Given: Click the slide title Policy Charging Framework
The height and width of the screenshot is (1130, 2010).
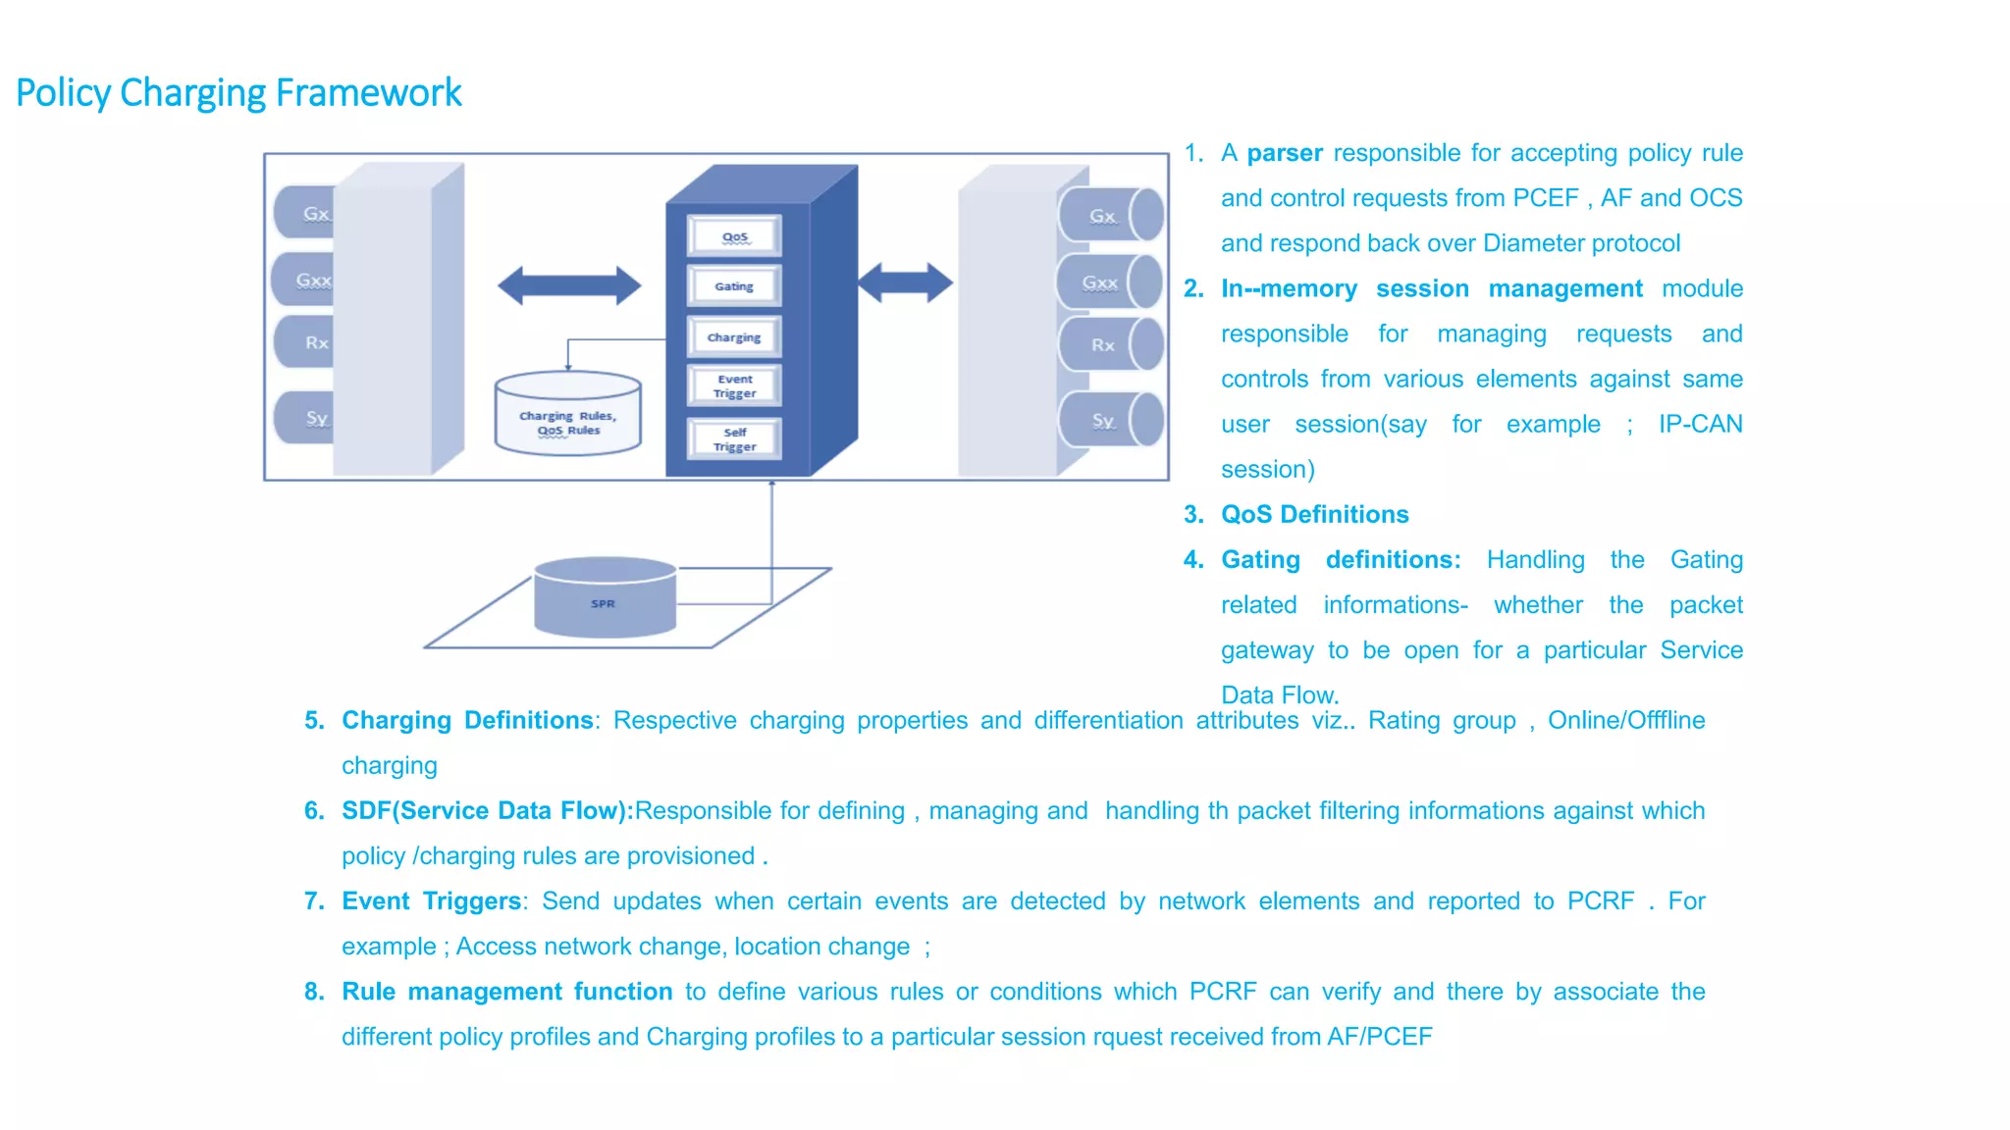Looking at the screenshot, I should pos(238,93).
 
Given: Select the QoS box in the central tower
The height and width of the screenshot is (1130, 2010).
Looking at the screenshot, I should pos(734,236).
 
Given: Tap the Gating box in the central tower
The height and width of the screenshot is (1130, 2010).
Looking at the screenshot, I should pos(734,286).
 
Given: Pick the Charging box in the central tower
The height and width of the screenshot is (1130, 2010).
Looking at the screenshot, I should pos(734,336).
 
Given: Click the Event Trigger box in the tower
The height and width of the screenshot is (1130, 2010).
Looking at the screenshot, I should pos(734,385).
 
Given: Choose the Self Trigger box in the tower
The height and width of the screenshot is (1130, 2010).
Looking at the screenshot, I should pos(734,438).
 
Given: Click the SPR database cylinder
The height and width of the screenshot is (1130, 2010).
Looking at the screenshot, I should pos(605,599).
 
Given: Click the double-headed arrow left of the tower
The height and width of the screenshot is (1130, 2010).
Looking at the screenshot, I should pos(569,286).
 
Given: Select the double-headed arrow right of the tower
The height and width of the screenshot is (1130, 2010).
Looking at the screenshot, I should pos(905,282).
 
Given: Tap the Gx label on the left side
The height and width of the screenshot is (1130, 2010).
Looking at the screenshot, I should pos(314,213).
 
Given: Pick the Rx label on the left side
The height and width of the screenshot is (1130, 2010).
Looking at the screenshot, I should pos(315,342).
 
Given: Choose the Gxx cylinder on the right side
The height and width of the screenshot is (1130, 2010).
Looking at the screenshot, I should pos(1109,282).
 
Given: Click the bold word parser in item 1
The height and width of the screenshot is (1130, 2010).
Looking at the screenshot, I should pos(1284,153).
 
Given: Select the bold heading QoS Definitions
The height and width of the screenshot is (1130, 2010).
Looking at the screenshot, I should pos(1314,514).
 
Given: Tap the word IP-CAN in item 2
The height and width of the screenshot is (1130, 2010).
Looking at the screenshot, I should pos(1700,424).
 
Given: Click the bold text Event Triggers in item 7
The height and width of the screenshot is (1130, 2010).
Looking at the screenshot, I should pos(431,900).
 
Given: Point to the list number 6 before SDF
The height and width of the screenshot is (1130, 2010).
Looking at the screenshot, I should pos(313,810).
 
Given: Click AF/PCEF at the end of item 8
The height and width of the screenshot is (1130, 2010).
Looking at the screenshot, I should pos(1379,1037).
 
